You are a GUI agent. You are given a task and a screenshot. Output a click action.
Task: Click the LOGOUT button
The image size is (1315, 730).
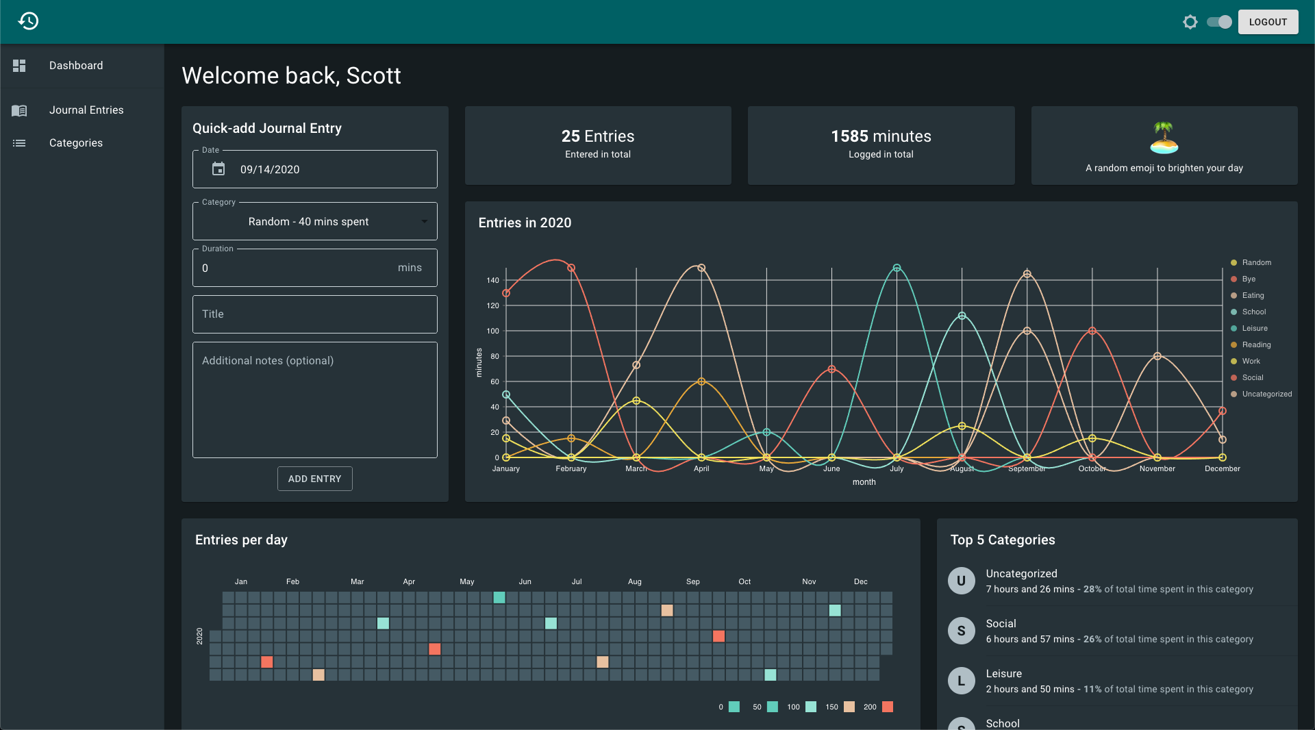point(1268,22)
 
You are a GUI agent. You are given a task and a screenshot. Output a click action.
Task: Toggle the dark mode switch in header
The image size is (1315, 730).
point(1219,22)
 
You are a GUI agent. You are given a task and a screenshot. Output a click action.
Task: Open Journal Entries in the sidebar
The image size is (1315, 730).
point(86,110)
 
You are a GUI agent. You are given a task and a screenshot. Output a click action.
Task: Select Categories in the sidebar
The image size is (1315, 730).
point(76,143)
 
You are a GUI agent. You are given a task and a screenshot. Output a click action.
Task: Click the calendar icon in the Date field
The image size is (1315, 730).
point(218,169)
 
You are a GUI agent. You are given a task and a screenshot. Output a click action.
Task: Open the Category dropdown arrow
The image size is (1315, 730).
point(425,222)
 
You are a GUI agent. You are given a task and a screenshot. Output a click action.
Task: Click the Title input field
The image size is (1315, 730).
point(315,314)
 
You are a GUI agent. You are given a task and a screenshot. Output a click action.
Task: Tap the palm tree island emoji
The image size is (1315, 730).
point(1164,138)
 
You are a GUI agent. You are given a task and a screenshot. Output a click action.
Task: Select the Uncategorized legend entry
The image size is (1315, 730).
point(1262,394)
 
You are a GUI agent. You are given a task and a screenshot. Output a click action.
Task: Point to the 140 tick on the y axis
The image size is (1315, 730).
point(493,281)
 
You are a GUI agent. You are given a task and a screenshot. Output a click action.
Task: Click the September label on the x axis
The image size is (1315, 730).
point(1027,469)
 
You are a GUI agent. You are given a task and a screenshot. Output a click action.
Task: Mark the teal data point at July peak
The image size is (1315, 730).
point(897,268)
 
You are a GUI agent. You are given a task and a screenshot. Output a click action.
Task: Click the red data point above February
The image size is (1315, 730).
point(571,268)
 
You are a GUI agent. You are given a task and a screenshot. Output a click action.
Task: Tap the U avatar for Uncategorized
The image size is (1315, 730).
point(962,581)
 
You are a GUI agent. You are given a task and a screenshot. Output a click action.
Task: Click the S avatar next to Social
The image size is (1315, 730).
point(962,631)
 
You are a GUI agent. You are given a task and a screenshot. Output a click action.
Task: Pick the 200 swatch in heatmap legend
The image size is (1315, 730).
point(888,707)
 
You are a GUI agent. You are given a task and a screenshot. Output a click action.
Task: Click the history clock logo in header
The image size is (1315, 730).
point(28,21)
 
